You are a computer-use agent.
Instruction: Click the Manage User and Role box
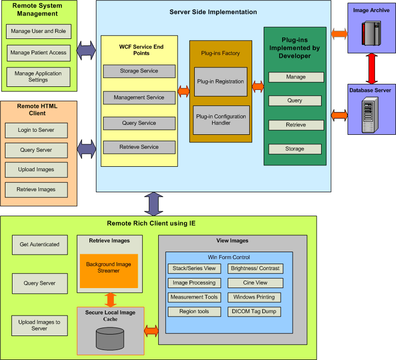tap(38, 31)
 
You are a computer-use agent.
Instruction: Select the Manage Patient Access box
tap(38, 53)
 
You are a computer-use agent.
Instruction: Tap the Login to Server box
tap(36, 130)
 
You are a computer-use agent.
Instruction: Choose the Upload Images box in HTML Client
tap(36, 170)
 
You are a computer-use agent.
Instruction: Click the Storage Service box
tap(139, 71)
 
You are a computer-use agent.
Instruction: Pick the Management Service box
tap(139, 98)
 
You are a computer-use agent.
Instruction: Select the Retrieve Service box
tap(139, 147)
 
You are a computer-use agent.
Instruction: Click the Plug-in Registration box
tap(220, 82)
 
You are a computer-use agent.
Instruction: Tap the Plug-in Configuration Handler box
tap(221, 120)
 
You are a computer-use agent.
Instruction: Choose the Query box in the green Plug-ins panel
tap(295, 101)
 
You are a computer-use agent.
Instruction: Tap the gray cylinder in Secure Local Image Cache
tap(110, 339)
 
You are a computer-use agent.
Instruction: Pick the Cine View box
tap(255, 283)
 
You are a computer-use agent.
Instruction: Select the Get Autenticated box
tap(39, 245)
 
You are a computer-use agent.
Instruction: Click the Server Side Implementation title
tap(213, 12)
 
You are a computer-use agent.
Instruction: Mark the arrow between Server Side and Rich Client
tap(153, 204)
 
